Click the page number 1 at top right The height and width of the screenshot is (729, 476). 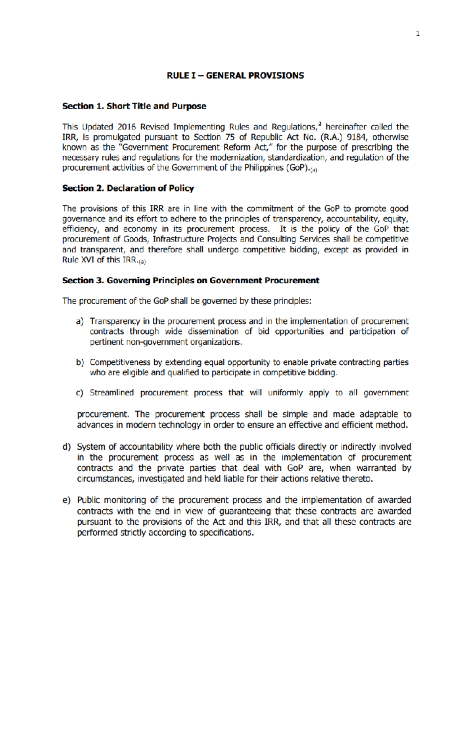coord(417,34)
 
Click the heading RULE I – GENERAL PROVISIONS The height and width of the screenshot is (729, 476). coord(235,75)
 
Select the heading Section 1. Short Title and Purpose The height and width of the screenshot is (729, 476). coord(134,106)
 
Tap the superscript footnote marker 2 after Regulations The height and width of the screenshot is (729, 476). coord(320,124)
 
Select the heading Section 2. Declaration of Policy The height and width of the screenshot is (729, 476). coord(128,188)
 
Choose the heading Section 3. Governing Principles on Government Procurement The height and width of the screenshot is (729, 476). coord(190,280)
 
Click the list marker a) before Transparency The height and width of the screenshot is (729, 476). coord(80,321)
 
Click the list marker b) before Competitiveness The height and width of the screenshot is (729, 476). coord(80,363)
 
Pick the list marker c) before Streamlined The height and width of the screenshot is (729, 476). coord(80,393)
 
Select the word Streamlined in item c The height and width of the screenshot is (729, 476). coord(111,393)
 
